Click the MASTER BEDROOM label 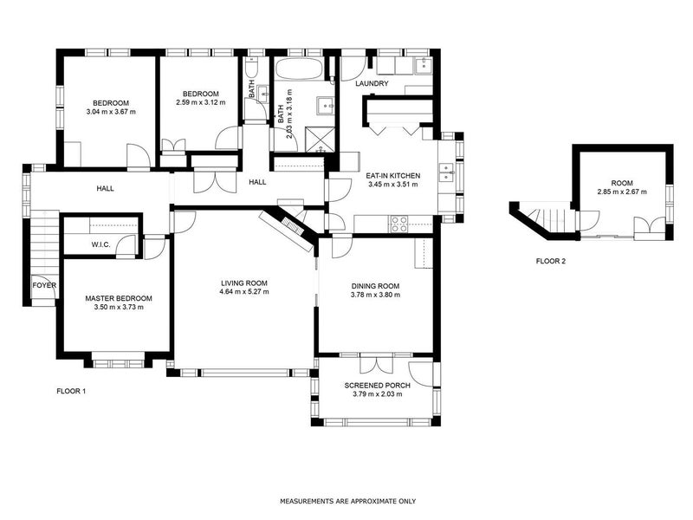(x=113, y=297)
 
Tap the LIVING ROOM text (x=243, y=283)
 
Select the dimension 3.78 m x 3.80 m (x=375, y=295)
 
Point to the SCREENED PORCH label (x=377, y=385)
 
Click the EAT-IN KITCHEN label (x=392, y=174)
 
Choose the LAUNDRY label (x=372, y=84)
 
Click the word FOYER (x=43, y=285)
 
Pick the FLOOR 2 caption (x=551, y=260)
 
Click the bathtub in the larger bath (x=299, y=68)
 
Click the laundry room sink (x=422, y=65)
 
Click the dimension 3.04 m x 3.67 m (x=112, y=112)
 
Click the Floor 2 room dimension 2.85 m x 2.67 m (x=621, y=192)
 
